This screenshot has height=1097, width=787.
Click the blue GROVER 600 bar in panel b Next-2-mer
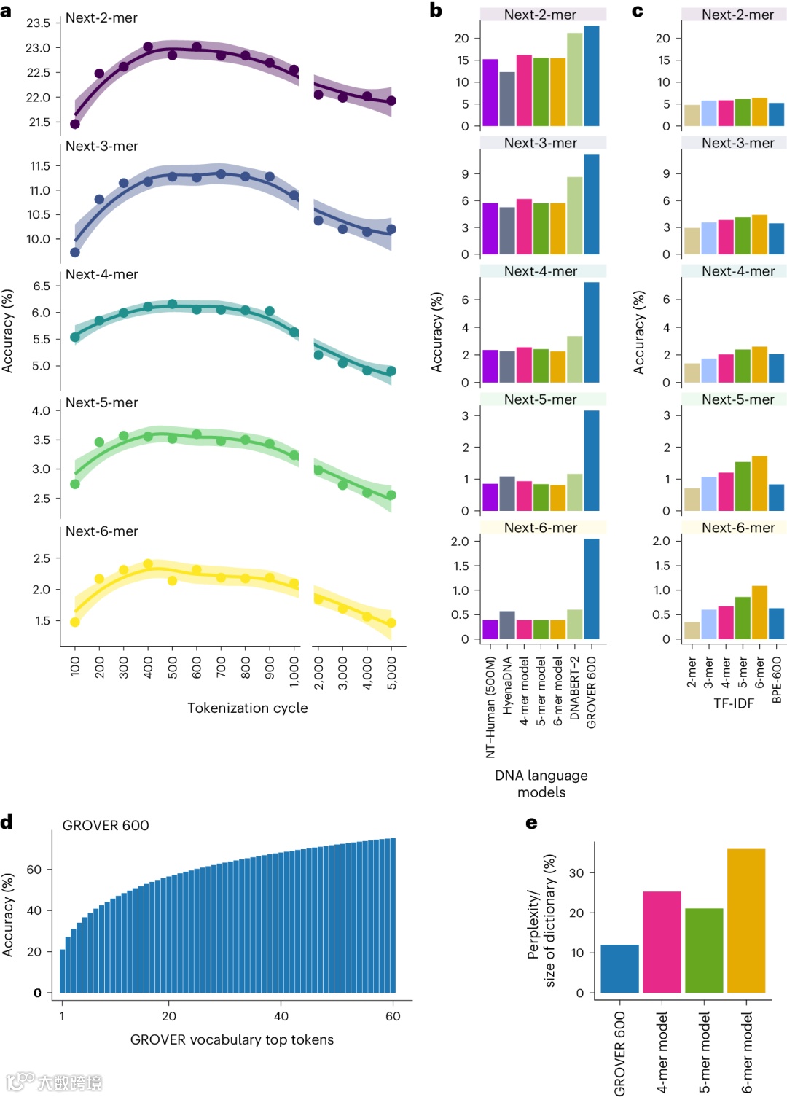coord(591,76)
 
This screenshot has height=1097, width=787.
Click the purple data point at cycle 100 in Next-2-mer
coord(74,124)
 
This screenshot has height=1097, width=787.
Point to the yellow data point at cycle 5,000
coord(391,622)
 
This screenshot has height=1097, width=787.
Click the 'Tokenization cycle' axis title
coord(248,708)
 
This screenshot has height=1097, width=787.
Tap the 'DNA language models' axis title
coord(541,784)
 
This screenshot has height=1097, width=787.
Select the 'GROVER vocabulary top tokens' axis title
coord(232,1039)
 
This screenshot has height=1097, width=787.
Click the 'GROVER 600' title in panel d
coord(106,825)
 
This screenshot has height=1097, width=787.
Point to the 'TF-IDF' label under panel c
coord(734,703)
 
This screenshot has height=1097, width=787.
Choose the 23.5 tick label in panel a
coord(39,23)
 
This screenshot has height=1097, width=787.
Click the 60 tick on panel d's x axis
coord(393,1016)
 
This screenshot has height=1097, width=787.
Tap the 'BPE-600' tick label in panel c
coord(777,679)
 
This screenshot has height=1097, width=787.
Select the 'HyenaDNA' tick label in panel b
coord(508,685)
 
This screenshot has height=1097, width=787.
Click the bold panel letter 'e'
coord(532,823)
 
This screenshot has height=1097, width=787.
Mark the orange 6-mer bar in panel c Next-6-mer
coord(759,612)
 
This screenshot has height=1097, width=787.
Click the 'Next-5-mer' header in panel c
coord(737,399)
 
